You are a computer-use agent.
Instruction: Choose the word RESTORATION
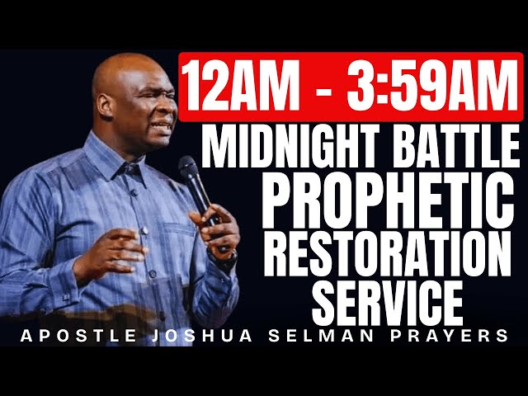coord(389,250)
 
